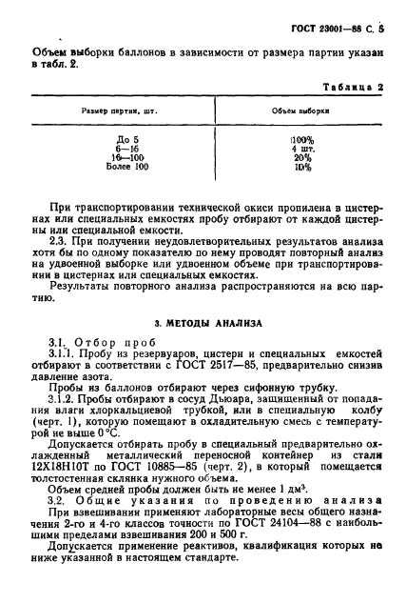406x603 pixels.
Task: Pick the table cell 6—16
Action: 114,149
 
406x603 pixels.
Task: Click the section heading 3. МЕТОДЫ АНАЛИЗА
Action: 205,322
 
